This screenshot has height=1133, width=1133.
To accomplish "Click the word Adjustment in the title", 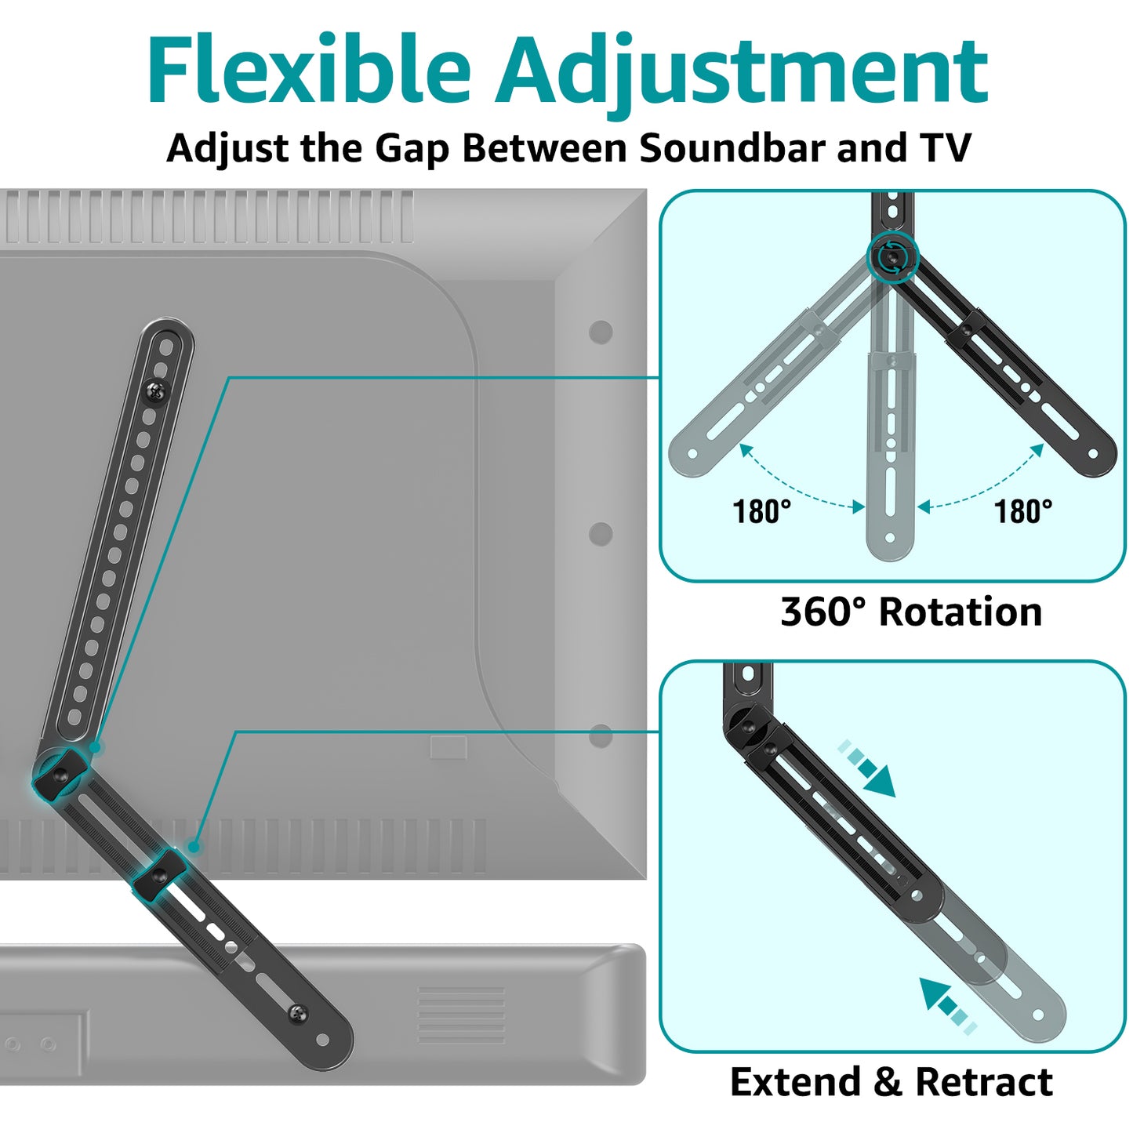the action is point(742,76).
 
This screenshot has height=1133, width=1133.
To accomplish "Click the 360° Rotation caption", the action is point(911,612).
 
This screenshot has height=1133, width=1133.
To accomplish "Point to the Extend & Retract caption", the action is point(891,1082).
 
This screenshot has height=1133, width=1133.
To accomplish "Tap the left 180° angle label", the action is point(761,510).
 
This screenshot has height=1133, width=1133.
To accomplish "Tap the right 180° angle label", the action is point(1023,510).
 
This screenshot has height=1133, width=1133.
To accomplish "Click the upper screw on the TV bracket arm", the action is point(156,391).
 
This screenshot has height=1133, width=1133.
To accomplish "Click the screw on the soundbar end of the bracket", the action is point(299,1012).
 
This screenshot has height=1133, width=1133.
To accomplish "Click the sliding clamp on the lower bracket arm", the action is point(158,876).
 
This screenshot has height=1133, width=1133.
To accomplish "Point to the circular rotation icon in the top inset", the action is point(892,256).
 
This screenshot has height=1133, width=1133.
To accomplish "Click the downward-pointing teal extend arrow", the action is point(868,768).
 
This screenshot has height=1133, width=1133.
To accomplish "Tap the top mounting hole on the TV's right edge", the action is point(601,332).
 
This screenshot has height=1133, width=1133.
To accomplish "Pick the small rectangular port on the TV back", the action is point(448,746).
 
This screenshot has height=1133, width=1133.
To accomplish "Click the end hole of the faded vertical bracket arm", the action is point(890,537).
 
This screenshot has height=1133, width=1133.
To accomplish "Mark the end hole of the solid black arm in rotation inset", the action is point(1093,454).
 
